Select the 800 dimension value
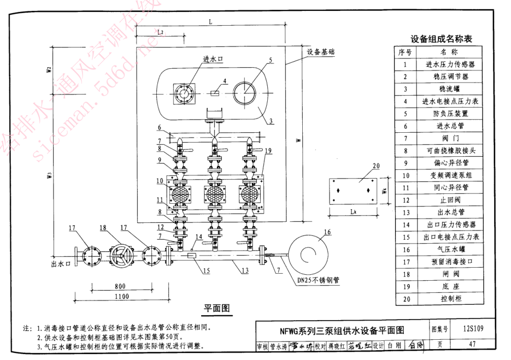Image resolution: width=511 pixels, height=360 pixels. (120, 286)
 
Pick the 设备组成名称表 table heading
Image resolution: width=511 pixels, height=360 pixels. (441, 39)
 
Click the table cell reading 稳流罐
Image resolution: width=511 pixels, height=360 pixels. (450, 88)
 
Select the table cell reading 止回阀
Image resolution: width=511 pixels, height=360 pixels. (450, 200)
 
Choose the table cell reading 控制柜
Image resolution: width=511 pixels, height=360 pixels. (450, 299)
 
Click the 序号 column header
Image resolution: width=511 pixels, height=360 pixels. (405, 52)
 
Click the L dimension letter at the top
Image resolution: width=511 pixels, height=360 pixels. (210, 20)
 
